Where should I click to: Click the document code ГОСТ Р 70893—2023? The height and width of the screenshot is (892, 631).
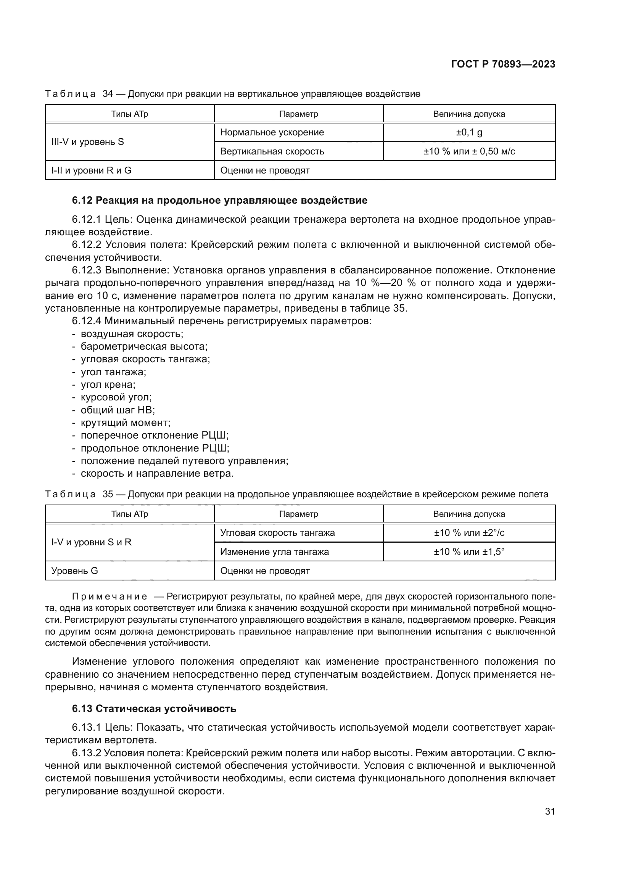[503, 64]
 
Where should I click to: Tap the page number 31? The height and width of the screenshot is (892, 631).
[550, 812]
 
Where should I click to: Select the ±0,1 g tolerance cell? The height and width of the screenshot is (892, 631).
[469, 132]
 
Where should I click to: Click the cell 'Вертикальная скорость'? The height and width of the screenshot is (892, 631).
[272, 151]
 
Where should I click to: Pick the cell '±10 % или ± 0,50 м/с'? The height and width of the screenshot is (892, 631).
[469, 151]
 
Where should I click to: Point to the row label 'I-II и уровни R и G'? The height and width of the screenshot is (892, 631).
[91, 170]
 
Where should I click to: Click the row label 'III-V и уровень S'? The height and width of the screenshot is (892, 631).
[87, 142]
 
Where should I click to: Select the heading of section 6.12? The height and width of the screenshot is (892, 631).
[219, 201]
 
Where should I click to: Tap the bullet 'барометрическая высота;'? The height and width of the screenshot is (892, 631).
[144, 347]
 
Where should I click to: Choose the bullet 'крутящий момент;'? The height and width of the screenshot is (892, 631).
[125, 423]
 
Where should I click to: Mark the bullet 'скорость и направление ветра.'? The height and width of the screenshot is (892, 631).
[157, 474]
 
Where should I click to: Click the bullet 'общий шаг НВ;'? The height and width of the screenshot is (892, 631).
[118, 410]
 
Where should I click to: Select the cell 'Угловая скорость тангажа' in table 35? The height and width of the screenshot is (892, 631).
[277, 533]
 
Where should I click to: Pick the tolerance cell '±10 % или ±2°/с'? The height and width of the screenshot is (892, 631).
[469, 533]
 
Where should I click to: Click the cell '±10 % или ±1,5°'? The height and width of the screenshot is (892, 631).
[469, 552]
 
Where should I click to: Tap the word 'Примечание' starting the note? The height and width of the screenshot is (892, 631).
[109, 597]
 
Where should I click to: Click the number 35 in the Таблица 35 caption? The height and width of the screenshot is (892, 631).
[108, 495]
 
